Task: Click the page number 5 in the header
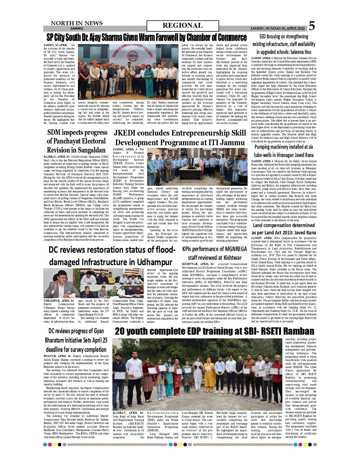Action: point(312,26)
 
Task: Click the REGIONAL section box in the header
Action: point(183,26)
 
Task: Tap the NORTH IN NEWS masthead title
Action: point(77,23)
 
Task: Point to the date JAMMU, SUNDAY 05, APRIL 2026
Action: point(278,29)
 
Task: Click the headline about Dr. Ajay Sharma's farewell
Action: point(147,37)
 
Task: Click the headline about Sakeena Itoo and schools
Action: point(284,44)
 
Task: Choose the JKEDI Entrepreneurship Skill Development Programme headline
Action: point(180,138)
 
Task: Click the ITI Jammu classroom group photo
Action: point(197,166)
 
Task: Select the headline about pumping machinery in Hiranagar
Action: point(284,151)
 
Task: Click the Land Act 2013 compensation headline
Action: point(284,229)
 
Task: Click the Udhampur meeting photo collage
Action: point(93,283)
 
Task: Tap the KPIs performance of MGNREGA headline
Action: point(215,253)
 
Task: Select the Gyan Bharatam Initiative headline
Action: point(76,340)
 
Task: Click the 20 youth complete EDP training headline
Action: point(214,331)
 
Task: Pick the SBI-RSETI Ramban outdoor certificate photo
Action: point(197,374)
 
